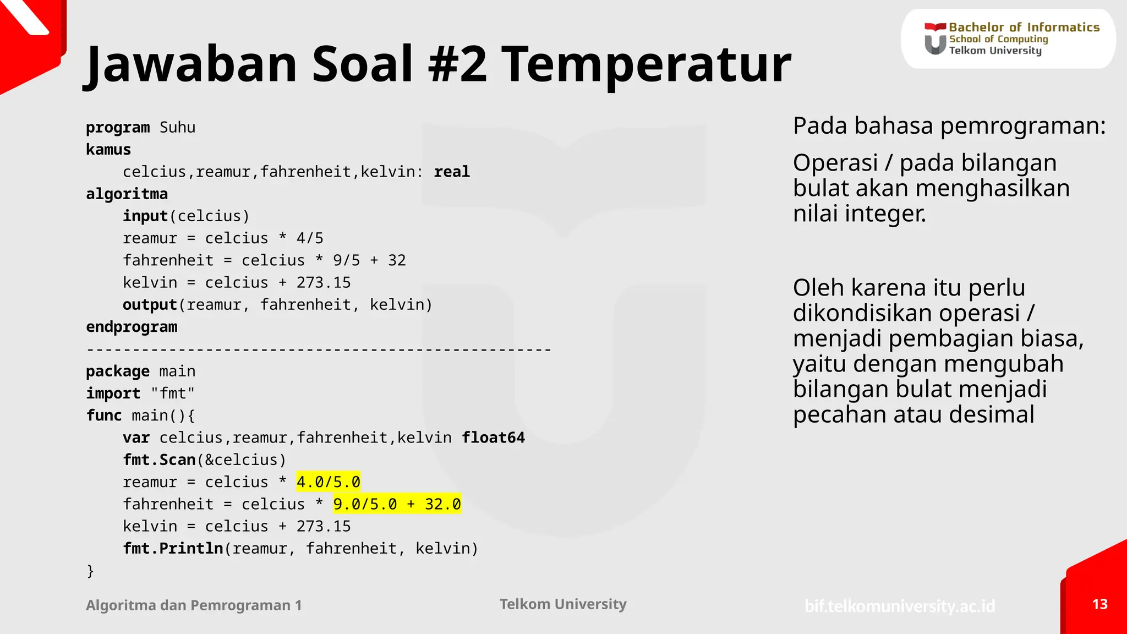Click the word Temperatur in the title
coord(646,65)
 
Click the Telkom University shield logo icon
coord(935,39)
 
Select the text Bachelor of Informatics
coord(1024,27)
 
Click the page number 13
coord(1099,604)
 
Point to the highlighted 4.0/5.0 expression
coord(329,482)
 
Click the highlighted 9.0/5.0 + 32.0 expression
coord(397,504)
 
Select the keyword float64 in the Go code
coord(493,438)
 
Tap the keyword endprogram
coord(132,327)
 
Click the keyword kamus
coord(108,150)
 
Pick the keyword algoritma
coord(127,194)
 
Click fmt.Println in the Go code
coord(173,549)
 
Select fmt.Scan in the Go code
coord(159,460)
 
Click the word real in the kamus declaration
coord(451,172)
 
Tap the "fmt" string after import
coord(173,393)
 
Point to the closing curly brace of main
coord(90,571)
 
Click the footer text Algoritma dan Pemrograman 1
coord(194,605)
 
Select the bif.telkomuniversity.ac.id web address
coord(900,606)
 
